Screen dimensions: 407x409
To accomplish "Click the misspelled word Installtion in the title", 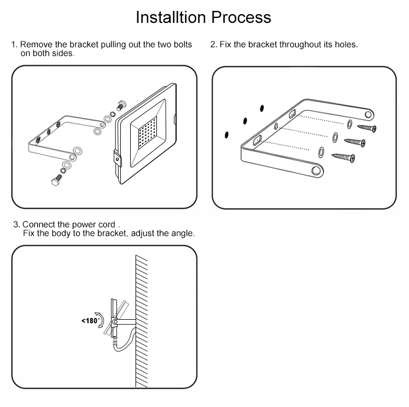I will tap(170, 17).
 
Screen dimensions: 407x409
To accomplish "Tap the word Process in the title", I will tap(241, 17).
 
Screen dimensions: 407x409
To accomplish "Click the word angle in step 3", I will tap(182, 234).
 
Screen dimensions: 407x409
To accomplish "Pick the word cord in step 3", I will tap(108, 225).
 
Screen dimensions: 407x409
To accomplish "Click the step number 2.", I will tap(213, 44).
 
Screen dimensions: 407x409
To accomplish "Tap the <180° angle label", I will tap(90, 321).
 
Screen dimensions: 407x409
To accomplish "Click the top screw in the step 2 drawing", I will tap(367, 128).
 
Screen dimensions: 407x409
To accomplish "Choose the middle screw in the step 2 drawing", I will tap(355, 143).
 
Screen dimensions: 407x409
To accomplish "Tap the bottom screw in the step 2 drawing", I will tap(344, 158).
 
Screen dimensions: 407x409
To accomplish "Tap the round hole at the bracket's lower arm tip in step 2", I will tap(315, 171).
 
